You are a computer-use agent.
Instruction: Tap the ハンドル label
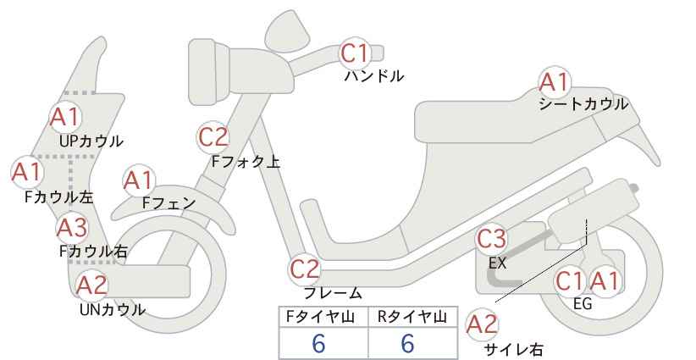click(374, 76)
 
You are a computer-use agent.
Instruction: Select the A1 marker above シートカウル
click(555, 82)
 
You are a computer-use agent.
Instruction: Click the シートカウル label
click(583, 104)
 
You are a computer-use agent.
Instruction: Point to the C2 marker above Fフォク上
click(213, 137)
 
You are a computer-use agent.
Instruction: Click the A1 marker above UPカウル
click(65, 117)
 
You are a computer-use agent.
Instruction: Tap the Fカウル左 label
click(58, 197)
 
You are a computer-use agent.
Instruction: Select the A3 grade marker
click(73, 228)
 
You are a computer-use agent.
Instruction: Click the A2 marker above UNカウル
click(92, 285)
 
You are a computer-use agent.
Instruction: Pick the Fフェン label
click(168, 202)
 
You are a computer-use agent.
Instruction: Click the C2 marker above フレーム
click(305, 269)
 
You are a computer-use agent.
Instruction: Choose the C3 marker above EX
click(491, 239)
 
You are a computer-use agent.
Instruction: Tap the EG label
click(583, 304)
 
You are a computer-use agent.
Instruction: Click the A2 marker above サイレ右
click(483, 324)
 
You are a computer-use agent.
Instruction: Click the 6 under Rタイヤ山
click(407, 343)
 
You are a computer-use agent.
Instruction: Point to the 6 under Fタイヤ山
click(318, 343)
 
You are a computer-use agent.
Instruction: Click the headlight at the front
click(209, 71)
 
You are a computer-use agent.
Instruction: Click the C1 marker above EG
click(570, 281)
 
